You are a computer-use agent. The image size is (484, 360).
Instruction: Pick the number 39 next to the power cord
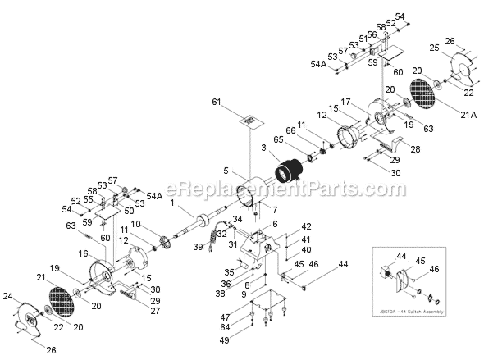[197, 246]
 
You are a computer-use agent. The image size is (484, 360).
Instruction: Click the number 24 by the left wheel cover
[7, 296]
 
